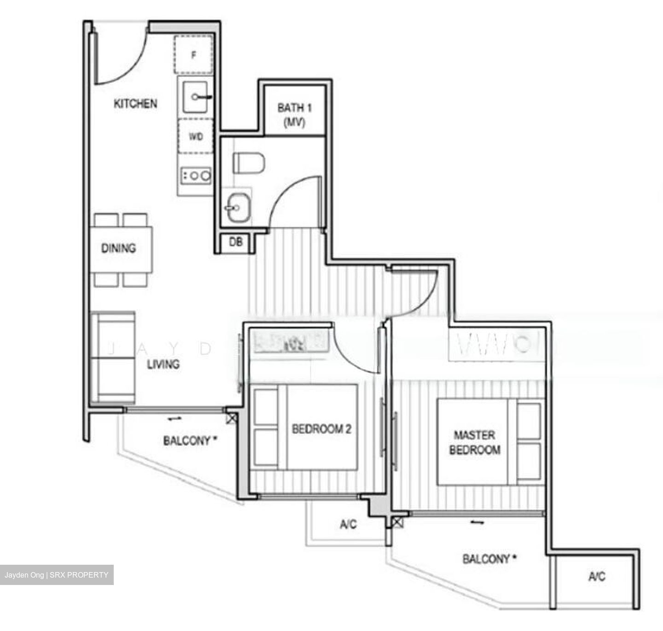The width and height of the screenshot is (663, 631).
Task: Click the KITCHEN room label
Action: [135, 104]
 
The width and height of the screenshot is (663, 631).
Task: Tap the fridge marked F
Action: [194, 55]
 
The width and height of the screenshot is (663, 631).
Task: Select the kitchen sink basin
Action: [196, 97]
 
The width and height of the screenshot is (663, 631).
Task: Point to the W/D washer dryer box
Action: [196, 137]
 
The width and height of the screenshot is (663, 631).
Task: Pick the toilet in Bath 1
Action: [249, 163]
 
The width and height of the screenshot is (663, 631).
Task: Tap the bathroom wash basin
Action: [238, 208]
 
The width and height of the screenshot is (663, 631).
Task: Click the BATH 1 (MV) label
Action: [295, 115]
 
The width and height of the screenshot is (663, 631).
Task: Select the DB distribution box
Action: [236, 241]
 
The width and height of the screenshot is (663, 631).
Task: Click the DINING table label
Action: [119, 249]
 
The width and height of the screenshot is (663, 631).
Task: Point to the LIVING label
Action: [163, 365]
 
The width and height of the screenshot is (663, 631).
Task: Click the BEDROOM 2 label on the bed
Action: [322, 429]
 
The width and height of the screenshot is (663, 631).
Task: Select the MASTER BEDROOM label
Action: [475, 442]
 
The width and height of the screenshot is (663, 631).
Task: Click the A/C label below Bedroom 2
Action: [349, 524]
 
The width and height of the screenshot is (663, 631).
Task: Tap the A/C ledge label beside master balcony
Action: [597, 576]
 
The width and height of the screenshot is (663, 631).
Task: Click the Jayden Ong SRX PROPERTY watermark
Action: [57, 575]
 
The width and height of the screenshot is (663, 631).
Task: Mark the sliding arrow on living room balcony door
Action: [174, 419]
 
